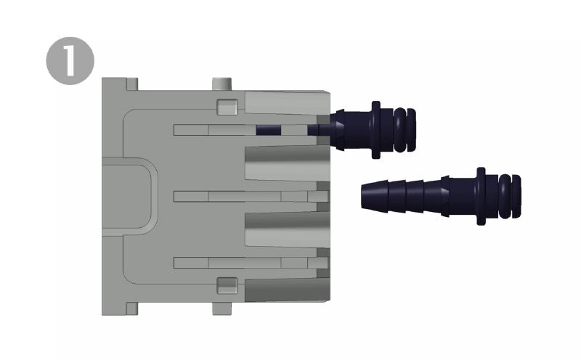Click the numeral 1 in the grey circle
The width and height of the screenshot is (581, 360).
point(69,61)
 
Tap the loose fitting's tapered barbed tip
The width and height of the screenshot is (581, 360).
point(374,195)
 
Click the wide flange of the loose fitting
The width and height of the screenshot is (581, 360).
point(481,196)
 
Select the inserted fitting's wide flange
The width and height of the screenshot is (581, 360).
point(375,130)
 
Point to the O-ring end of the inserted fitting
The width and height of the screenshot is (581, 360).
point(405,130)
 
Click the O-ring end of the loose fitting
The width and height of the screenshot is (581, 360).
point(510,196)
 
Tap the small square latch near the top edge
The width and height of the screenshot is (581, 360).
point(227,106)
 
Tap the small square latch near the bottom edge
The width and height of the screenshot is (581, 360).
point(227,285)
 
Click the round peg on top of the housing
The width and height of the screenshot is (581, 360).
point(222,83)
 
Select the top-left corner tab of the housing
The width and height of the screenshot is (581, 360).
point(132,84)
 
